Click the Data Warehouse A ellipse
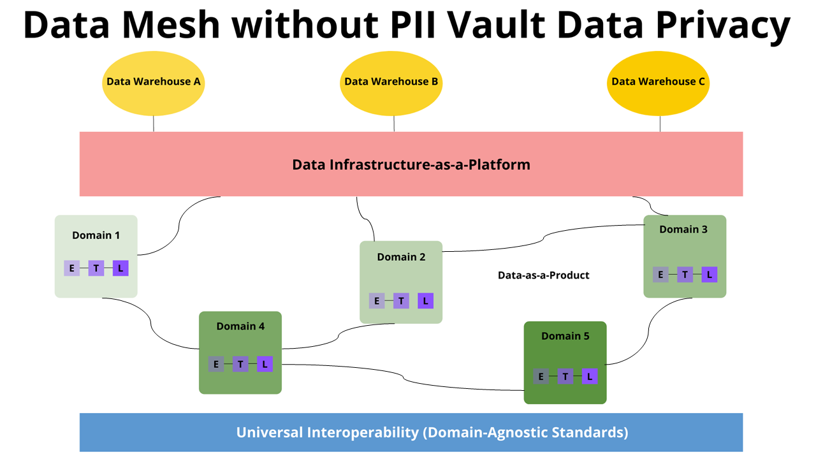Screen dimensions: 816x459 (154, 84)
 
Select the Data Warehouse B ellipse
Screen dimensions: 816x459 (391, 84)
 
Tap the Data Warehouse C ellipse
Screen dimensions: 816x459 (659, 84)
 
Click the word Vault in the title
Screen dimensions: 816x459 (496, 25)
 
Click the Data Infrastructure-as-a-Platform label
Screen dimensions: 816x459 (411, 164)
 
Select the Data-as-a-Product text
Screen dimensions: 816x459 (544, 275)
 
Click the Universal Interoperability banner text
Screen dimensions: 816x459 (432, 432)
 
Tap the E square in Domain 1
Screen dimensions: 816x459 (72, 268)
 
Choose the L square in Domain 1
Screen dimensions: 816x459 (120, 268)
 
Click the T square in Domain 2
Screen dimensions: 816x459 (401, 301)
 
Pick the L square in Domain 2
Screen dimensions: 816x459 (425, 301)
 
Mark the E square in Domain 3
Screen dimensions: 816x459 (660, 275)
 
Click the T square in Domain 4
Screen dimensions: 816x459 (240, 364)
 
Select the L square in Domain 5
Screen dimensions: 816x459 (590, 376)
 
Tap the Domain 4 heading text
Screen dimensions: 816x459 (240, 326)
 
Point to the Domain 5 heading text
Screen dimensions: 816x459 (565, 336)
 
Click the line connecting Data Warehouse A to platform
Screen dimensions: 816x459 (154, 124)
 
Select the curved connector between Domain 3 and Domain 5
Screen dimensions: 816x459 (649, 331)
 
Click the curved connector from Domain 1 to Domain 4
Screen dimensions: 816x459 (151, 323)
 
